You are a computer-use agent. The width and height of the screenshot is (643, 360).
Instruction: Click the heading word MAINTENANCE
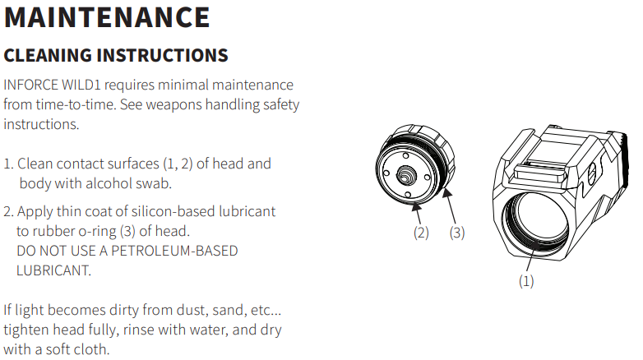(x=107, y=17)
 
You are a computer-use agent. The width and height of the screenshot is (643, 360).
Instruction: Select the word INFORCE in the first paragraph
(x=30, y=85)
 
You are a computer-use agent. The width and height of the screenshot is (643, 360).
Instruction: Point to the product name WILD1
(x=83, y=85)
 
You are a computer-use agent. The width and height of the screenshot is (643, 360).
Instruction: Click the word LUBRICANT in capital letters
(x=51, y=270)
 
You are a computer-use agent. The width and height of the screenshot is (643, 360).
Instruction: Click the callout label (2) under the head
(x=421, y=233)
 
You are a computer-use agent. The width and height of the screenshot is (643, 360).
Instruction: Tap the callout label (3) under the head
(x=456, y=233)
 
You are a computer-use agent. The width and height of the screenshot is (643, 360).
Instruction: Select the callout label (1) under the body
(x=526, y=281)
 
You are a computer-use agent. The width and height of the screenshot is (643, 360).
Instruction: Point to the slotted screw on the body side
(x=595, y=174)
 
